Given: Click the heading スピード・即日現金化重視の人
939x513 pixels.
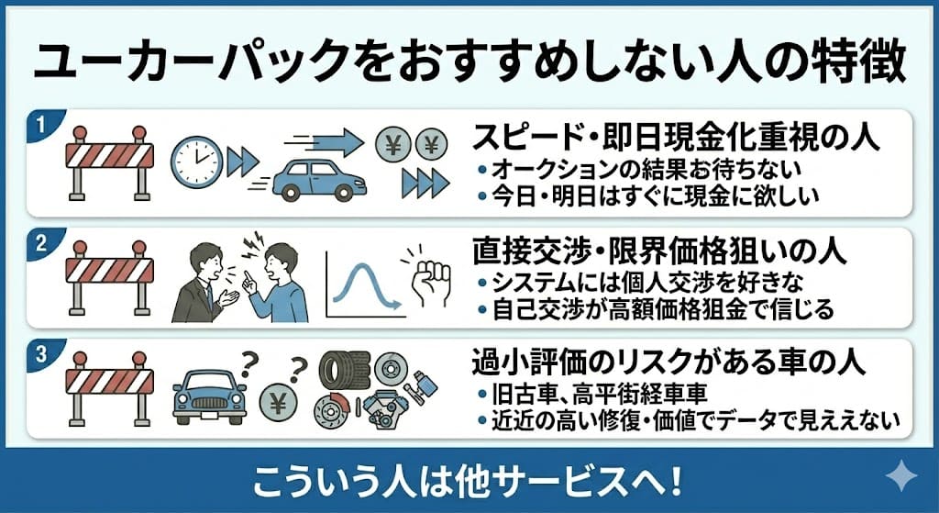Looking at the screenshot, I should [676, 139].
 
